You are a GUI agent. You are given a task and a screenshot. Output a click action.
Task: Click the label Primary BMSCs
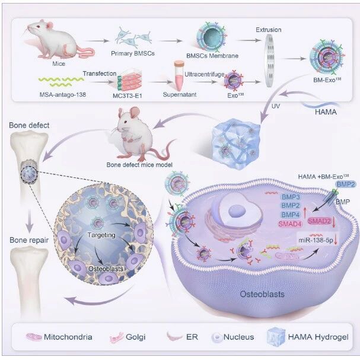coord(133,53)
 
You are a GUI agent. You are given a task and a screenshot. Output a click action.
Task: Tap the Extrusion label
coord(269,30)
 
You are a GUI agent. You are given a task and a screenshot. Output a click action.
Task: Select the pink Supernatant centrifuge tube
coord(179,75)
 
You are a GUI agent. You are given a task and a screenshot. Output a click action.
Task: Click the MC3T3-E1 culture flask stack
coord(129,81)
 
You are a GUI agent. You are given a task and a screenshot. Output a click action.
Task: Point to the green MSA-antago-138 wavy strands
coord(61,81)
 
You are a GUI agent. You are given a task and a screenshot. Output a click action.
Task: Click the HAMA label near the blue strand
coord(326,112)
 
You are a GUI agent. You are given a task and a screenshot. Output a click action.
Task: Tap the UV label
coord(276,106)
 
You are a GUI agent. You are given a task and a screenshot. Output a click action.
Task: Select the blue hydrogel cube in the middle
coord(236,144)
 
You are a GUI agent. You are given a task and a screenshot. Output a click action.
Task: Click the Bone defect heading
coord(29,125)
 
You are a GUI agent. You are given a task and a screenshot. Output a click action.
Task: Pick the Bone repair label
coord(29,240)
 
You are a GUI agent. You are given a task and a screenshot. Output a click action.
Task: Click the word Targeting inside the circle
coord(101,235)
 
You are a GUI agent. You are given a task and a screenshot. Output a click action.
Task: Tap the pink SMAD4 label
coord(290,224)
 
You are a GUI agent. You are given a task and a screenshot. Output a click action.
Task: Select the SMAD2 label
coord(319,221)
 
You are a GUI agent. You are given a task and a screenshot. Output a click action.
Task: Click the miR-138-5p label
coord(316,240)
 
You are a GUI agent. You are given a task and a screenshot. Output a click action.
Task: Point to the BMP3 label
coord(291,197)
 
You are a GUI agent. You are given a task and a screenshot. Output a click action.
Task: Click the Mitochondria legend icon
coord(34,337)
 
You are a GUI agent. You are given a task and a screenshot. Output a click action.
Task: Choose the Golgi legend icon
coord(117,337)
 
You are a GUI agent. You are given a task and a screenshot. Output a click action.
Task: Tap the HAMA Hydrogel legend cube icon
coord(276,337)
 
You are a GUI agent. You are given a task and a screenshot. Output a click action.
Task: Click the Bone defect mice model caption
coord(139,165)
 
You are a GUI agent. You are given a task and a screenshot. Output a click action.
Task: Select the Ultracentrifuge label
coord(205,74)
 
